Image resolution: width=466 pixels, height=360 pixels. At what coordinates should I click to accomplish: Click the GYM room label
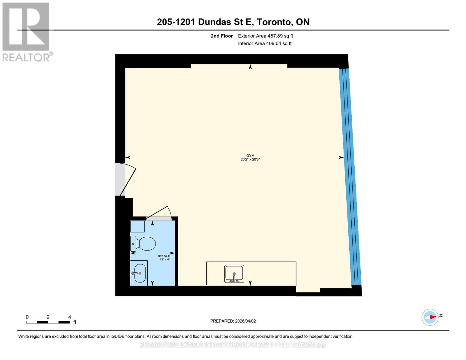[x=250, y=156]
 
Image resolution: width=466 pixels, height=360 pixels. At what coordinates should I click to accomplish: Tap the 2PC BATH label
[x=164, y=256]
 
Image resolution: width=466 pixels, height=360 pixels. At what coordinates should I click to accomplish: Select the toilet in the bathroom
[x=143, y=243]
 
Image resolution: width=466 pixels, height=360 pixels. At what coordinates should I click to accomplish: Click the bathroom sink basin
[x=140, y=273]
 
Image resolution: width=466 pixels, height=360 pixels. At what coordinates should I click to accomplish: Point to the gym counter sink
[x=234, y=274]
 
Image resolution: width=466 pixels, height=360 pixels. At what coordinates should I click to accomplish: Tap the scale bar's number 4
[x=70, y=317]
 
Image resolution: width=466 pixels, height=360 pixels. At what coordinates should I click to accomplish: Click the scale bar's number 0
[x=27, y=317]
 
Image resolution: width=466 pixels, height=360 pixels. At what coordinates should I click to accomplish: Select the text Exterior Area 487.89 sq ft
[x=265, y=36]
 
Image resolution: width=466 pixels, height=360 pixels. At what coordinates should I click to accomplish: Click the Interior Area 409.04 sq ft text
[x=265, y=43]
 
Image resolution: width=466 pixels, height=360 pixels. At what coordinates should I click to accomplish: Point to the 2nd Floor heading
[x=222, y=36]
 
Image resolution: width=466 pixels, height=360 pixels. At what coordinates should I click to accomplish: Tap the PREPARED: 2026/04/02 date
[x=233, y=321]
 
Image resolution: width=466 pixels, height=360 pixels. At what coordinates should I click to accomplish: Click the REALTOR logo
[x=26, y=31]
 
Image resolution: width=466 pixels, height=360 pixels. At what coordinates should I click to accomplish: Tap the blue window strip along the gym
[x=350, y=177]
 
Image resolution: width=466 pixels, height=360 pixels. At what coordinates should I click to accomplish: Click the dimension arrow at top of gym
[x=250, y=67]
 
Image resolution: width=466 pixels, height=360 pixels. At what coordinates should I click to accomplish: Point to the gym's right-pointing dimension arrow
[x=341, y=157]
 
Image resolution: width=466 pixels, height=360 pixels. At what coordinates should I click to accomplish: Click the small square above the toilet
[x=137, y=226]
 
